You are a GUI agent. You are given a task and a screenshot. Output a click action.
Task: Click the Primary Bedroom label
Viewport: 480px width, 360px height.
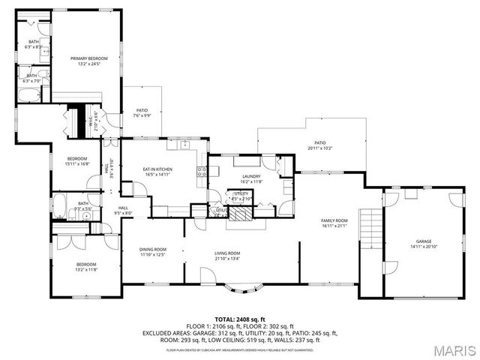click(x=88, y=61)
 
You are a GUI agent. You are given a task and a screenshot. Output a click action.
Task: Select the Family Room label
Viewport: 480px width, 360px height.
click(x=334, y=223)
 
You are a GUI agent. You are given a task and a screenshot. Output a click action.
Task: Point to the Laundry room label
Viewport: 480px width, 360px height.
click(x=250, y=178)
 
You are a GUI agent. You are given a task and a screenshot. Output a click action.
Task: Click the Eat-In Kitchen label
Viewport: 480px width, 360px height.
click(x=158, y=172)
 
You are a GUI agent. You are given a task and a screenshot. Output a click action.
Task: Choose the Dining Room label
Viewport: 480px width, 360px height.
click(x=153, y=252)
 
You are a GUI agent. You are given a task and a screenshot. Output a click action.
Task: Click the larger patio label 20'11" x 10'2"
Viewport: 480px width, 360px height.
click(x=320, y=145)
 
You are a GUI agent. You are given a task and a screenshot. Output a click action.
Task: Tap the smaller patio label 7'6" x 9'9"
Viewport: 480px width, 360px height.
click(x=142, y=113)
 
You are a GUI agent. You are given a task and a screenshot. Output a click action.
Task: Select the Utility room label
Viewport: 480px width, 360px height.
click(x=241, y=196)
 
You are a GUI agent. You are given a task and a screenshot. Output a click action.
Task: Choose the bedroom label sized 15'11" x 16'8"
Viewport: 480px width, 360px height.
click(x=77, y=161)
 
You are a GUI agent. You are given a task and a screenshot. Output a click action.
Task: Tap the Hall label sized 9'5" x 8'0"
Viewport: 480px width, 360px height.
click(x=123, y=211)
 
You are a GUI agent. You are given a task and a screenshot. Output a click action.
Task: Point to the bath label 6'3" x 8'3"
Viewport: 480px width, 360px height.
click(x=34, y=44)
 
